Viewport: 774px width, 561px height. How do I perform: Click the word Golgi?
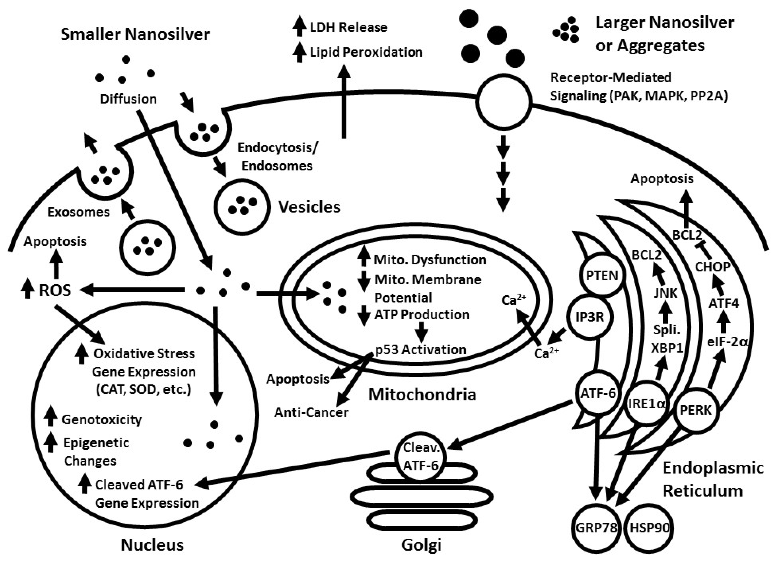pyautogui.click(x=422, y=545)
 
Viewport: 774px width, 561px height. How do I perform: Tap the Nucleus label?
pyautogui.click(x=152, y=545)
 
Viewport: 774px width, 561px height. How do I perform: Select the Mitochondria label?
pyautogui.click(x=422, y=395)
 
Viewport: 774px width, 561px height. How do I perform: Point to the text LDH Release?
pyautogui.click(x=348, y=27)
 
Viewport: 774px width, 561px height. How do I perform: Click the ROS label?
pyautogui.click(x=55, y=291)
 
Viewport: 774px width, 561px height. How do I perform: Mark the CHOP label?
pyautogui.click(x=713, y=267)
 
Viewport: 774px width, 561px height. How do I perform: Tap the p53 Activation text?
pyautogui.click(x=420, y=349)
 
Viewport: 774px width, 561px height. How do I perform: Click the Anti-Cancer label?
pyautogui.click(x=311, y=413)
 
